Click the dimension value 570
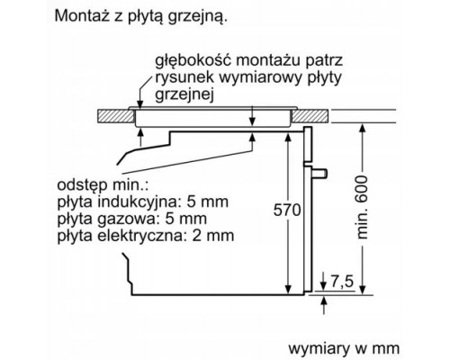[x=287, y=210]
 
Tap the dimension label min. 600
[x=362, y=207]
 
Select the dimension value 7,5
[x=342, y=281]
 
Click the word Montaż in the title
[x=78, y=15]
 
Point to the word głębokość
[x=193, y=60]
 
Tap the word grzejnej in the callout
[x=184, y=95]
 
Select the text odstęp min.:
[x=103, y=185]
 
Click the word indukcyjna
[x=137, y=202]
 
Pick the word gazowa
[x=127, y=219]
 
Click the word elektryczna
[x=139, y=235]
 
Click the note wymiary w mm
[x=344, y=348]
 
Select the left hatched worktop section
[x=116, y=116]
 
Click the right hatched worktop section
[x=310, y=116]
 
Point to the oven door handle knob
[x=320, y=174]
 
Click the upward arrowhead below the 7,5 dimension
[x=324, y=301]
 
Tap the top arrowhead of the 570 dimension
[x=288, y=138]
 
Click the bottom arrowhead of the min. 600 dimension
[x=363, y=289]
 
